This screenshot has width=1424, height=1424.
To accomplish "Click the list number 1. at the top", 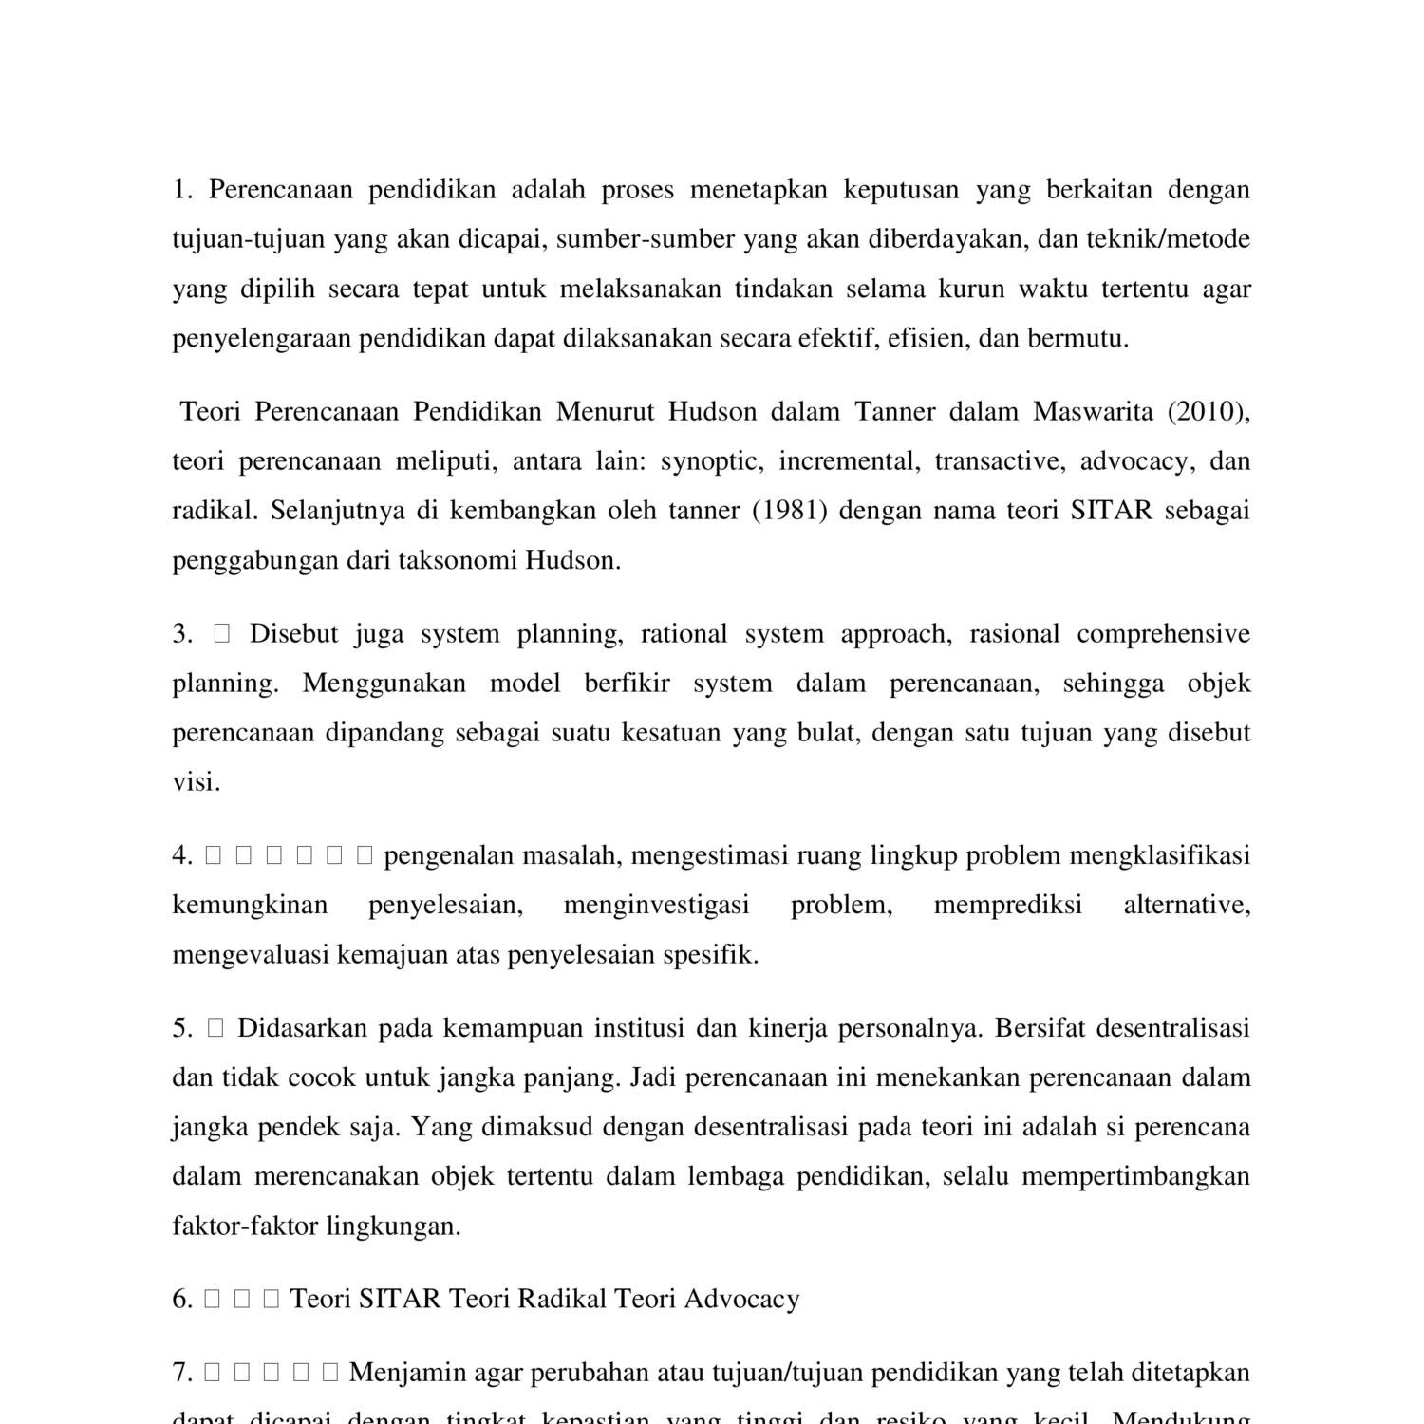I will tap(181, 190).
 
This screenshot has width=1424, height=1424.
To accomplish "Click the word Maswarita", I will tap(1093, 412).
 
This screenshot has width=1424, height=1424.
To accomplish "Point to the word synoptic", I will tap(712, 461).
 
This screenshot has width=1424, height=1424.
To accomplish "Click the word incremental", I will tap(849, 461).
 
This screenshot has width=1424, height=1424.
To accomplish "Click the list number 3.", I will tap(182, 634).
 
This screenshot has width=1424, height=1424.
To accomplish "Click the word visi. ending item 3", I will tap(196, 782).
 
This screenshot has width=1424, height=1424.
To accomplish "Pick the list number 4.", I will tap(182, 856).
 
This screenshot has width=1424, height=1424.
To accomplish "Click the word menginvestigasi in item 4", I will tap(656, 906).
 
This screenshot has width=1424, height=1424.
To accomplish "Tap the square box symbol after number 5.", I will tap(215, 1028).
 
